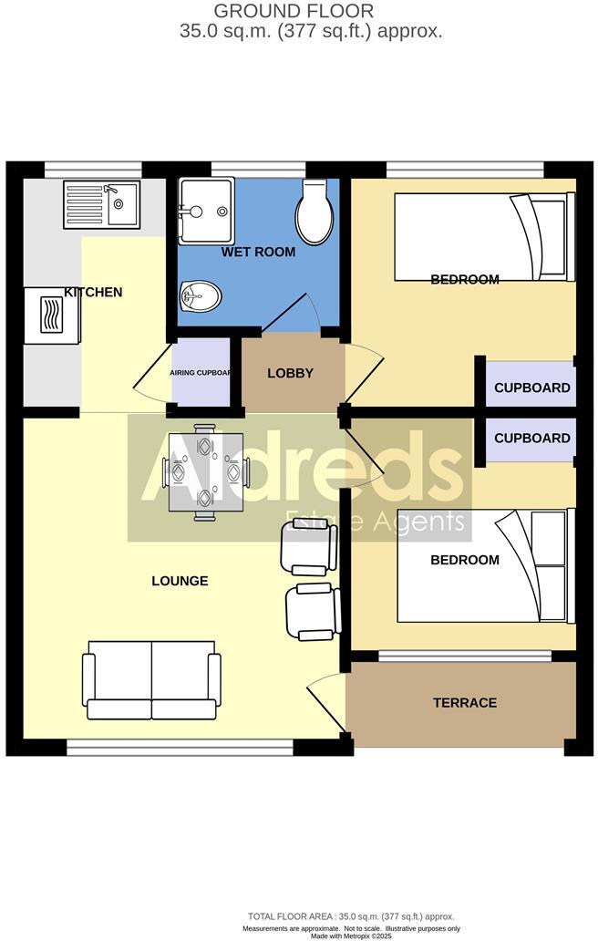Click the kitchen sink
[101, 203]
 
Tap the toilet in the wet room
[314, 212]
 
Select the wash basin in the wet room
[200, 295]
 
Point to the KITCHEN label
[93, 293]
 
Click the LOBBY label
[291, 373]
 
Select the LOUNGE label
[180, 581]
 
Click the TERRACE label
[465, 702]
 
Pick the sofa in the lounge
[151, 679]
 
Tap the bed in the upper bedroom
[483, 238]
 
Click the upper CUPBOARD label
[532, 388]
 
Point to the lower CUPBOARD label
[532, 438]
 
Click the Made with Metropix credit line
[350, 936]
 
